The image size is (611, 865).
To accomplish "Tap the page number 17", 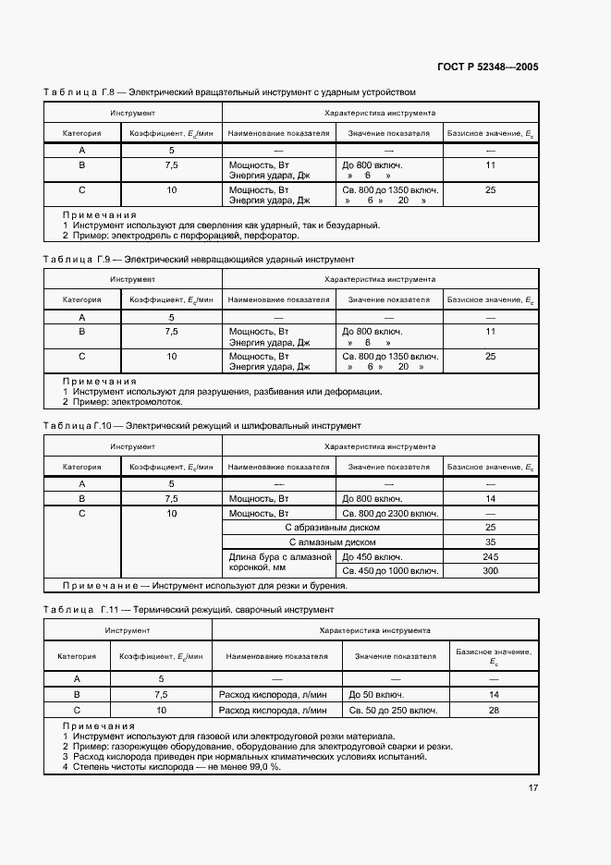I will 533,787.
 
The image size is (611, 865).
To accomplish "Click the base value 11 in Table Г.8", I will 490,164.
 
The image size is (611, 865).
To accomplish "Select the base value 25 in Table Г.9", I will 490,356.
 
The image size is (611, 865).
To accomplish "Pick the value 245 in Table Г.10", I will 490,557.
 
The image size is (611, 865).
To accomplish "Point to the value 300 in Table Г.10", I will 490,571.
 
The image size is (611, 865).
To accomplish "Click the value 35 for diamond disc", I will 490,542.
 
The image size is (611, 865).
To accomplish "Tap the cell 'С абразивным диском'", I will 334,528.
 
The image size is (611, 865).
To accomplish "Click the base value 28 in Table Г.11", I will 494,711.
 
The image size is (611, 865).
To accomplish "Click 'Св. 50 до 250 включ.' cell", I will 393,711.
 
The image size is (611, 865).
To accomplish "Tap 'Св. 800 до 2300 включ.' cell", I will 389,513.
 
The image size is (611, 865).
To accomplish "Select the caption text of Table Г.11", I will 230,610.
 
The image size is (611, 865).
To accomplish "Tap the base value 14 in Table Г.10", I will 490,498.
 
